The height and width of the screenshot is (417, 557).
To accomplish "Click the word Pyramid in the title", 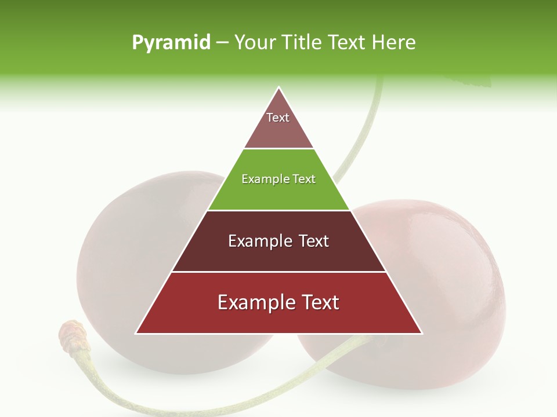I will [x=171, y=43].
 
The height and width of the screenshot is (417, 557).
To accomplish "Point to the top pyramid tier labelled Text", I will [x=278, y=125].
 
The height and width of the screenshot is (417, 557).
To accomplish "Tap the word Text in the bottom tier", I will [x=316, y=302].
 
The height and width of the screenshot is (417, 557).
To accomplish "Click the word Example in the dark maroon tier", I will [x=254, y=241].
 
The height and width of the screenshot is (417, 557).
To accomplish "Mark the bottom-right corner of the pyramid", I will [x=421, y=333].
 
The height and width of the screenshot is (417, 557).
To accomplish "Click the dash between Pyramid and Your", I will [x=222, y=43].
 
